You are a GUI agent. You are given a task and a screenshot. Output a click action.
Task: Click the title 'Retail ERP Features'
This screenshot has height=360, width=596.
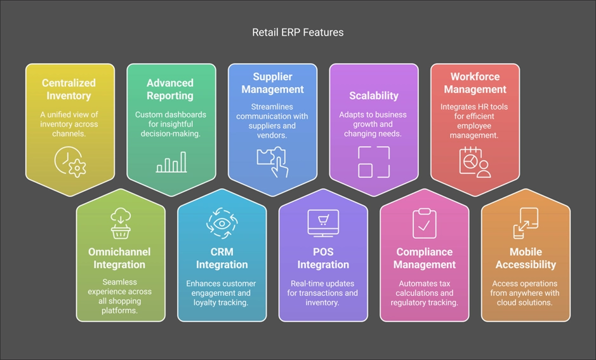pyautogui.click(x=298, y=32)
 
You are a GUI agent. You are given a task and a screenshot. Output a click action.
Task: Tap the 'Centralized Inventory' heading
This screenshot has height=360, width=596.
pyautogui.click(x=69, y=90)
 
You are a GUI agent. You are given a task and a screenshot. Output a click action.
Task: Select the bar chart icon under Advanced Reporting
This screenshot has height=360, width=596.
pyautogui.click(x=171, y=162)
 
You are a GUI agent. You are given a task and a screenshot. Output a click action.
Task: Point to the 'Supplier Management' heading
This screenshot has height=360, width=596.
pyautogui.click(x=272, y=83)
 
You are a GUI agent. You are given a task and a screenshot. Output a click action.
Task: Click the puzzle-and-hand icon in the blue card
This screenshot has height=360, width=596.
pyautogui.click(x=272, y=162)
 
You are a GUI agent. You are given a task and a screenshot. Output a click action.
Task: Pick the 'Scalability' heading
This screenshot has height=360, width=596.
pyautogui.click(x=374, y=96)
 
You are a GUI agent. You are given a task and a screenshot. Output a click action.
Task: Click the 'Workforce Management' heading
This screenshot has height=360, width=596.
pyautogui.click(x=475, y=83)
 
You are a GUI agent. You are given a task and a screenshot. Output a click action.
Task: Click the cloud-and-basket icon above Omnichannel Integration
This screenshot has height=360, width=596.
pyautogui.click(x=121, y=223)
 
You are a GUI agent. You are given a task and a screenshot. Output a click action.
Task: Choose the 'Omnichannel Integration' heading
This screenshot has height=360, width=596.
pyautogui.click(x=119, y=258)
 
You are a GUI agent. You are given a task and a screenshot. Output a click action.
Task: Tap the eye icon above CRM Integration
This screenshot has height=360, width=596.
pyautogui.click(x=222, y=223)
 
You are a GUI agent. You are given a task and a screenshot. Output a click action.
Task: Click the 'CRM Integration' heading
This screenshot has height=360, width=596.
pyautogui.click(x=222, y=258)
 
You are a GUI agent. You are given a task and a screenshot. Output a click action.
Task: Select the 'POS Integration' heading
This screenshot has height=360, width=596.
pyautogui.click(x=323, y=258)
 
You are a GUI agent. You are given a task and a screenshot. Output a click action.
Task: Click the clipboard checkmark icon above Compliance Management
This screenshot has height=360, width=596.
pyautogui.click(x=425, y=224)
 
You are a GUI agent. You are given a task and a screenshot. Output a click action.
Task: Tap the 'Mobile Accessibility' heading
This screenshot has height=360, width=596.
pyautogui.click(x=526, y=258)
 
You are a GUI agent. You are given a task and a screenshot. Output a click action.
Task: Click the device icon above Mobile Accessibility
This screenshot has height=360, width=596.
pyautogui.click(x=526, y=223)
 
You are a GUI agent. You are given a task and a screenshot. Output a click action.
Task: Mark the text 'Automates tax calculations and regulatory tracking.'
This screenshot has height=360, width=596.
pyautogui.click(x=425, y=293)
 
